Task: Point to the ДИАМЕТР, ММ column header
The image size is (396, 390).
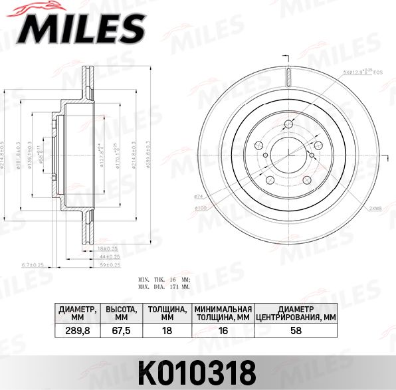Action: pyautogui.click(x=77, y=313)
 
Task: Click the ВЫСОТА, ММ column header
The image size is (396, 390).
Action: pyautogui.click(x=122, y=313)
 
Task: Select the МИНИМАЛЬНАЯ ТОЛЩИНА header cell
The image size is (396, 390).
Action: pyautogui.click(x=223, y=313)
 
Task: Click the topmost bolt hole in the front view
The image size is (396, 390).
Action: pyautogui.click(x=289, y=124)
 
